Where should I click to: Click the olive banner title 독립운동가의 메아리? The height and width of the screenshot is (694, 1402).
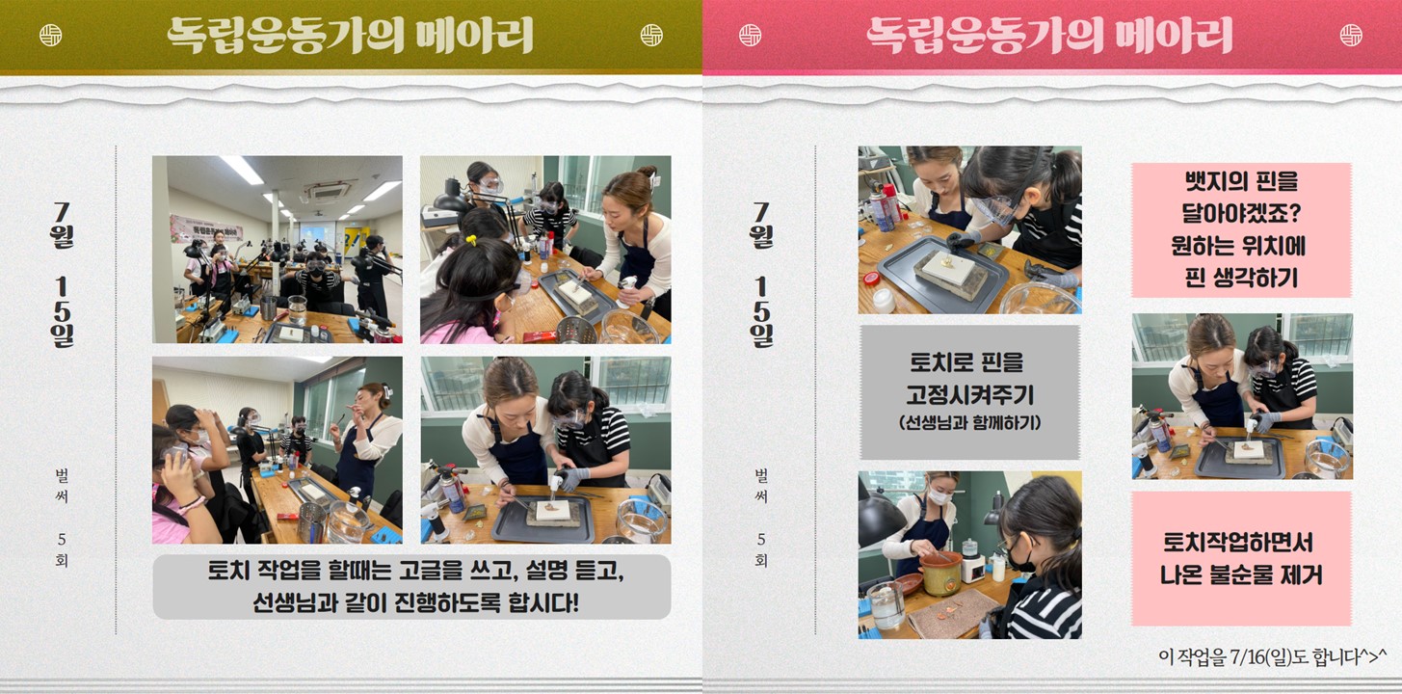(350, 35)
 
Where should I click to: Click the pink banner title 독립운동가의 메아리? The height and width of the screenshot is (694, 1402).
(1049, 35)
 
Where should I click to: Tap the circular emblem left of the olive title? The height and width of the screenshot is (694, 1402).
(51, 35)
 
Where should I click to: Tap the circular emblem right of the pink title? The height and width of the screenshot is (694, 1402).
(1351, 35)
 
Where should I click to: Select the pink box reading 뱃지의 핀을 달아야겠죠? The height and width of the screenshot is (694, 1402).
(1241, 229)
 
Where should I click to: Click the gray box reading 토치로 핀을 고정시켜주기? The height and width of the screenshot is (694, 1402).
(969, 392)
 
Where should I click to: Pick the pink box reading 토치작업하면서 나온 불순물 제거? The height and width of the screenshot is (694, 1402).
(1241, 558)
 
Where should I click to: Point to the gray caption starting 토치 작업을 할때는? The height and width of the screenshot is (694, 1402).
(411, 587)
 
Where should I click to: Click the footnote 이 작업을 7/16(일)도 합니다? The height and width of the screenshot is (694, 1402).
(1272, 656)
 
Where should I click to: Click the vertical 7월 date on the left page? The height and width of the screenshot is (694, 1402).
(62, 226)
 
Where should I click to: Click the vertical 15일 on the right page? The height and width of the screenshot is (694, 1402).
(761, 311)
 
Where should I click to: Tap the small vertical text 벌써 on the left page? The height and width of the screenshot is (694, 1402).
(62, 486)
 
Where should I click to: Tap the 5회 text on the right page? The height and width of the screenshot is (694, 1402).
(761, 550)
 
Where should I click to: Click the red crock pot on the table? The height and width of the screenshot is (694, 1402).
(940, 573)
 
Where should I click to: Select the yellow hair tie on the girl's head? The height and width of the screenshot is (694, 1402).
(470, 239)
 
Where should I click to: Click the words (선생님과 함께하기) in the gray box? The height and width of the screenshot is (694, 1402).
(969, 423)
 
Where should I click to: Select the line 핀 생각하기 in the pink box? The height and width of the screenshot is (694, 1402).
(1241, 278)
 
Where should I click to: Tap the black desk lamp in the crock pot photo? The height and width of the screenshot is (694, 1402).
(880, 519)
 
